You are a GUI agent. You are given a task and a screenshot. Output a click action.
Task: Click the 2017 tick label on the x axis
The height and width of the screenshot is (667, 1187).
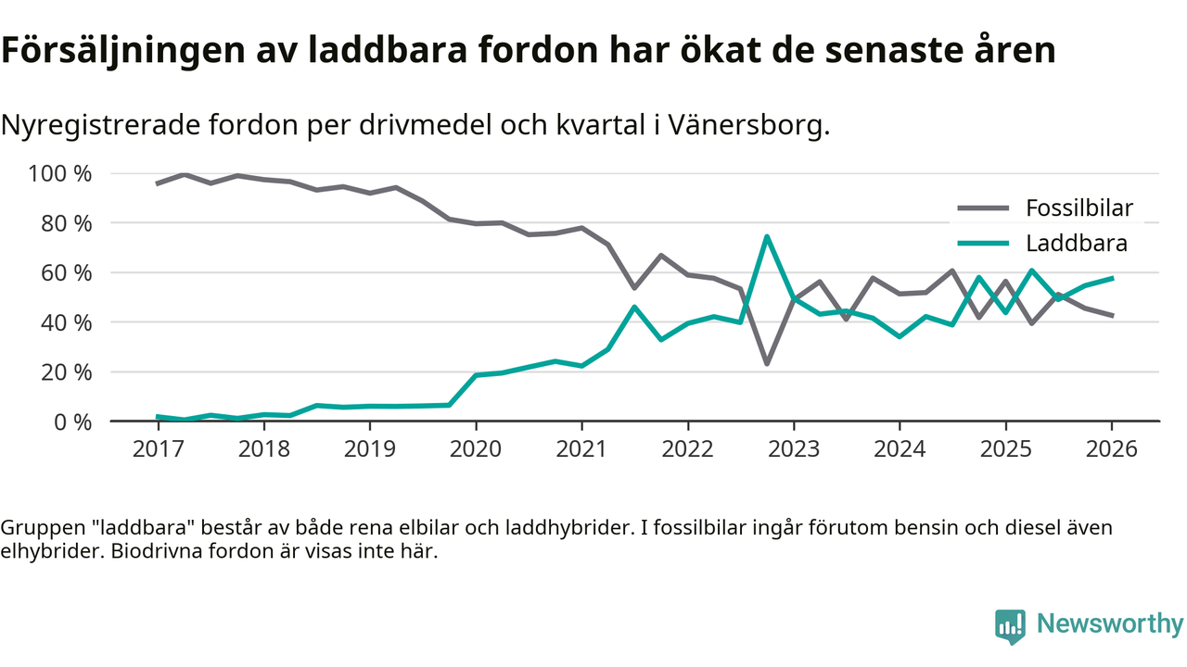[x=158, y=449]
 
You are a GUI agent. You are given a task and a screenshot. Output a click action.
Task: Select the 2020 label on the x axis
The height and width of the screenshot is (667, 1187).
[x=476, y=449]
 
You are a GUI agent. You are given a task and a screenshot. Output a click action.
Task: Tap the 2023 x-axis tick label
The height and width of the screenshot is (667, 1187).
[x=794, y=449]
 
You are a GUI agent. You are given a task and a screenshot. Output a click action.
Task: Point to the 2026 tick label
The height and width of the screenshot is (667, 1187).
[x=1112, y=449]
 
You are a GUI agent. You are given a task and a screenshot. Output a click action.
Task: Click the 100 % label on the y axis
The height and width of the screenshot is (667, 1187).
[x=61, y=174]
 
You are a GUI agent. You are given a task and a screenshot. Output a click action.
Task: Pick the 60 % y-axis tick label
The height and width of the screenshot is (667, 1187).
[x=67, y=273]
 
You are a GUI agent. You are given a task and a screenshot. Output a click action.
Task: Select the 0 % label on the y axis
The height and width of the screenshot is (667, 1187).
[x=72, y=422]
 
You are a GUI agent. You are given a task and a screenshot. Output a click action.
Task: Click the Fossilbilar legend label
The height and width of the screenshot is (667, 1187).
[x=1079, y=208]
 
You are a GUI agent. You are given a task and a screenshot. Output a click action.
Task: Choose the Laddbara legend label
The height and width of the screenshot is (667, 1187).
[x=1077, y=244]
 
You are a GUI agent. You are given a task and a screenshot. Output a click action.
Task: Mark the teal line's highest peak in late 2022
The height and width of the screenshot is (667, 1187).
[x=767, y=237]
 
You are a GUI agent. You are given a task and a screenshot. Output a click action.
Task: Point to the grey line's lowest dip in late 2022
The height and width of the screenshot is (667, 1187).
[x=767, y=363]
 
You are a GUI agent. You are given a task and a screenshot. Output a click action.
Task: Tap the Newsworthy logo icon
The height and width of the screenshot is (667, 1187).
[x=1010, y=625]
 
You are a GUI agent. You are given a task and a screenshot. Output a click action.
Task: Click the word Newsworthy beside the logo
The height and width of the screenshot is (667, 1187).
[x=1110, y=624]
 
